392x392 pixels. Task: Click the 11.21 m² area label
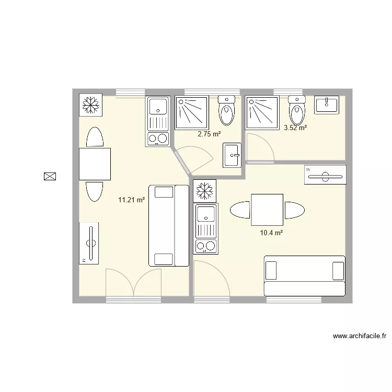click(131, 199)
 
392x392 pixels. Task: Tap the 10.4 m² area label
click(271, 233)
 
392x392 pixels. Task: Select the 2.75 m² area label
click(209, 134)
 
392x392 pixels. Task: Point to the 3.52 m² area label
click(295, 127)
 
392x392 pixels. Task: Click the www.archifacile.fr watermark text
click(359, 336)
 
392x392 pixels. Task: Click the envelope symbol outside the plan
click(50, 176)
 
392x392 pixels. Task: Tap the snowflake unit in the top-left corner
click(90, 105)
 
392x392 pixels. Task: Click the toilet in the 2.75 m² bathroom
click(226, 110)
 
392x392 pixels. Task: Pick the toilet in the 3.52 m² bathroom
click(296, 110)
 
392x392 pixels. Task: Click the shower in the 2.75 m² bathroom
click(191, 112)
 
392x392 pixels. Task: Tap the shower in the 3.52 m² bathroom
click(262, 112)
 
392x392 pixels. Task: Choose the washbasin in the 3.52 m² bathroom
click(327, 105)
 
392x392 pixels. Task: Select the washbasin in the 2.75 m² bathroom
click(231, 155)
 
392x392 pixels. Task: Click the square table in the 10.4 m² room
click(267, 210)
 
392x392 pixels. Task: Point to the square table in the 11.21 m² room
click(95, 164)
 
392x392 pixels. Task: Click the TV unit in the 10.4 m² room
click(325, 175)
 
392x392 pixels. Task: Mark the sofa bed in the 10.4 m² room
click(304, 276)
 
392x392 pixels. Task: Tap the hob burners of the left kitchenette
click(158, 139)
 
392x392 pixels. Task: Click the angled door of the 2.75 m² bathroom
click(194, 157)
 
